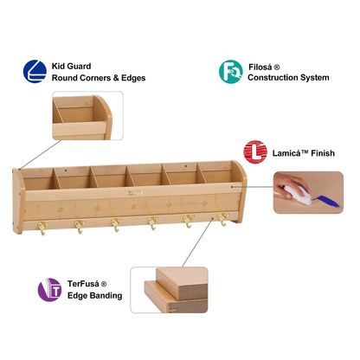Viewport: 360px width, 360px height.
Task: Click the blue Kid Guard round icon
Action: pos(35,72)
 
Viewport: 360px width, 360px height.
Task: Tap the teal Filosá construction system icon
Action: pos(230,72)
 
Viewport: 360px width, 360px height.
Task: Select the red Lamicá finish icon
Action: pos(255,152)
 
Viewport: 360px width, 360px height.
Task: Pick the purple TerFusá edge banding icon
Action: pos(49,290)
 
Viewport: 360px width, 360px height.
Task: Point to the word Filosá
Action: pos(260,67)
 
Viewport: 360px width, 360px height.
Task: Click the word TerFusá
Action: pos(83,284)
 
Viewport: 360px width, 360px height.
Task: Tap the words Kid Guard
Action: pos(71,67)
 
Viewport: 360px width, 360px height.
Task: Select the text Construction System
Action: pos(288,78)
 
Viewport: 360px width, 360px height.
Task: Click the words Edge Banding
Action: pos(95,296)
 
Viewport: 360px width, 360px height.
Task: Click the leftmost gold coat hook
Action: pos(42,228)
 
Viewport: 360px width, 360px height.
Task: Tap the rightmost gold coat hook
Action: pos(223,219)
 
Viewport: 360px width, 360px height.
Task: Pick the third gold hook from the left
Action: pos(116,224)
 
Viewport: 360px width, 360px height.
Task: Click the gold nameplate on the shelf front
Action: pos(135,193)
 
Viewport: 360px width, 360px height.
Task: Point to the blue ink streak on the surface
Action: pos(328,202)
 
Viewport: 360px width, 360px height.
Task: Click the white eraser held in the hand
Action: pos(297,195)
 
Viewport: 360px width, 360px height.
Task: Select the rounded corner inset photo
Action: pos(87,116)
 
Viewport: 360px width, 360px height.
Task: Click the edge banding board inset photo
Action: pos(169,290)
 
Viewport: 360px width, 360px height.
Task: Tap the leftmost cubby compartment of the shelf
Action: pos(39,179)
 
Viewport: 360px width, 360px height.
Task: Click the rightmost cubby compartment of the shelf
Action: pos(217,172)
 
